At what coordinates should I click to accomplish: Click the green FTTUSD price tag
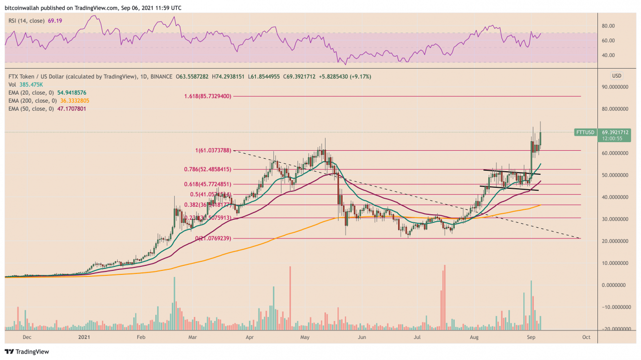(x=585, y=132)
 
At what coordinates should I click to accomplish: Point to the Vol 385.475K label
(x=25, y=85)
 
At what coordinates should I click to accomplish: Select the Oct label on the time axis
(x=586, y=338)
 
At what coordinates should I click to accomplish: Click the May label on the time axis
(x=305, y=338)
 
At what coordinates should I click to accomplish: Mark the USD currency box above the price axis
(x=616, y=76)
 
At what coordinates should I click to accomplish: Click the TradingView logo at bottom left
(x=28, y=351)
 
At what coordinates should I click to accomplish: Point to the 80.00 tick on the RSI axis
(x=608, y=26)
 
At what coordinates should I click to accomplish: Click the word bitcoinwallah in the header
(x=23, y=8)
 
